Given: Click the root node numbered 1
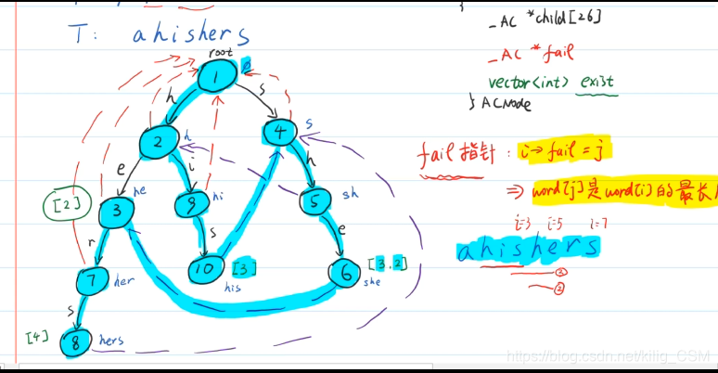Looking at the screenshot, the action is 215,78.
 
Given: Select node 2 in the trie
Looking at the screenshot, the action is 159,142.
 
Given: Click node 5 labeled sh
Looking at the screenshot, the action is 314,200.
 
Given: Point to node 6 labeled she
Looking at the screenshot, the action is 343,272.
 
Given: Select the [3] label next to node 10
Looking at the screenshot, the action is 243,269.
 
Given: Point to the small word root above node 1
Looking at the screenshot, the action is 220,54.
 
